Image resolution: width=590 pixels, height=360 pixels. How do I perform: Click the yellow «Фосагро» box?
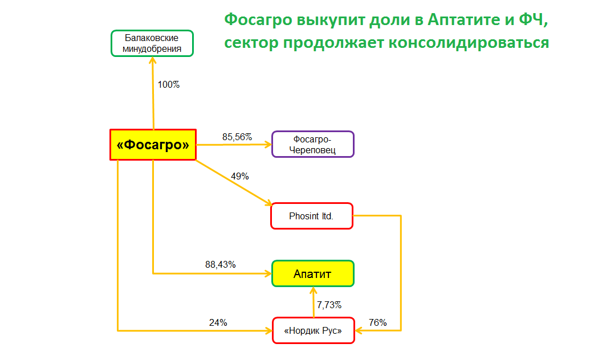point(153,145)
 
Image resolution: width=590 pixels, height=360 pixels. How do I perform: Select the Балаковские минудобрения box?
point(152,43)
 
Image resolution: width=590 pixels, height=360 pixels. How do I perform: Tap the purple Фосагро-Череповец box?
point(313,144)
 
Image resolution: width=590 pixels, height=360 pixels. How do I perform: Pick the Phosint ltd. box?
point(312,216)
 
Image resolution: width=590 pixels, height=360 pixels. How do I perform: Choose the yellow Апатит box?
point(313,273)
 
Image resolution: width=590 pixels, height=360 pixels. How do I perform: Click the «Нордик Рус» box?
point(314,330)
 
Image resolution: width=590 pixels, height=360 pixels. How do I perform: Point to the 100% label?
point(169,85)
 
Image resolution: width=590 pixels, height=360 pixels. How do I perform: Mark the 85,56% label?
point(237,137)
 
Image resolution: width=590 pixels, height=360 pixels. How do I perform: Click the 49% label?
point(239,176)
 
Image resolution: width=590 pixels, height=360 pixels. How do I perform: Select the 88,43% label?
point(221,264)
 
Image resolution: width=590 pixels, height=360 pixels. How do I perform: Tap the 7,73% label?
point(329,305)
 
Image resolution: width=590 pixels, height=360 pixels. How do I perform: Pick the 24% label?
point(218,323)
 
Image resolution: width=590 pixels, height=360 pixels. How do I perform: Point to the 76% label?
point(378,323)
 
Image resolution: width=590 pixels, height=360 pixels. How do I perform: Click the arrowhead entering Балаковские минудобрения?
point(152,60)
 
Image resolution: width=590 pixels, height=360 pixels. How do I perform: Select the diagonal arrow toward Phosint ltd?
point(234,183)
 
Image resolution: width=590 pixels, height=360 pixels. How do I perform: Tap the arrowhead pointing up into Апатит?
point(313,291)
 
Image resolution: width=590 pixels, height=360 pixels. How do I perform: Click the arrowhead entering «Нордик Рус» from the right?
point(359,330)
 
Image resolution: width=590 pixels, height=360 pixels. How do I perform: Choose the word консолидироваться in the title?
point(469,43)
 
